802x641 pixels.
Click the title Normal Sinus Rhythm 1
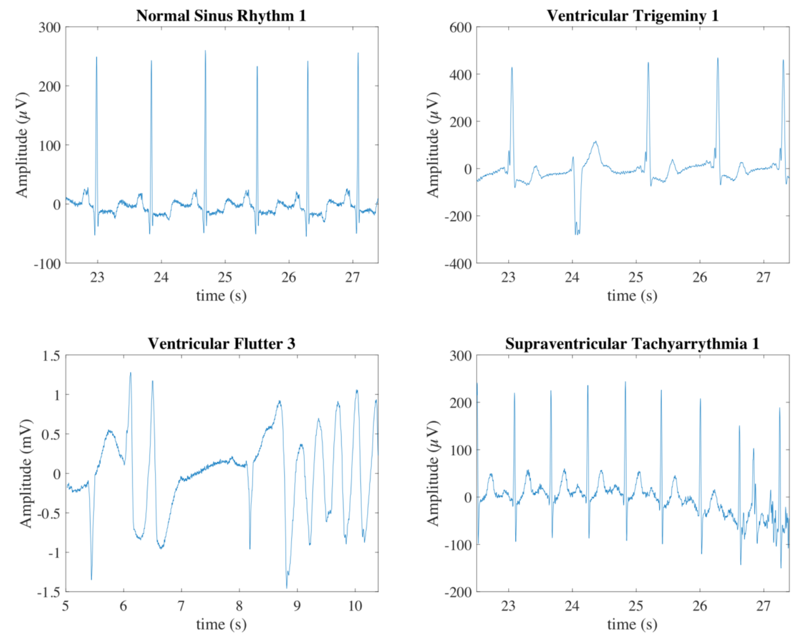coord(221,16)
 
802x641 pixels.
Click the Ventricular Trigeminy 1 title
coord(632,16)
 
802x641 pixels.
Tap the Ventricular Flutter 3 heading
coord(221,343)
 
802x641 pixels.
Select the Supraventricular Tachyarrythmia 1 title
coord(632,343)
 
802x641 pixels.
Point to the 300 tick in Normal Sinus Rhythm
coord(49,27)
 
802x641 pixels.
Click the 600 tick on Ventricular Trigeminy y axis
coord(460,27)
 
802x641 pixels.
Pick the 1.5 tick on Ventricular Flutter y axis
coord(51,356)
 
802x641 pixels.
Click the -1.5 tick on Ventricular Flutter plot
coord(49,592)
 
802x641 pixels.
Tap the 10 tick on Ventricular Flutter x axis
coord(355,606)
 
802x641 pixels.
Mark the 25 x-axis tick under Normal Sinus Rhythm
coord(225,277)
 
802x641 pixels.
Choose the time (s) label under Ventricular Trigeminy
coord(632,296)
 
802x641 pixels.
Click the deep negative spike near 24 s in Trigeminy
coord(577,233)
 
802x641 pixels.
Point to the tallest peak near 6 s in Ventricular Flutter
coord(130,373)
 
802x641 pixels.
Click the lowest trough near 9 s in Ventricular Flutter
coord(287,586)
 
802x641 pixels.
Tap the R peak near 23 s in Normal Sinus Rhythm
coord(96,58)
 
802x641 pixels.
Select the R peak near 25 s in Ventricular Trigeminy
coord(648,63)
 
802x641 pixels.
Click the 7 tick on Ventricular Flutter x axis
coord(181,606)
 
